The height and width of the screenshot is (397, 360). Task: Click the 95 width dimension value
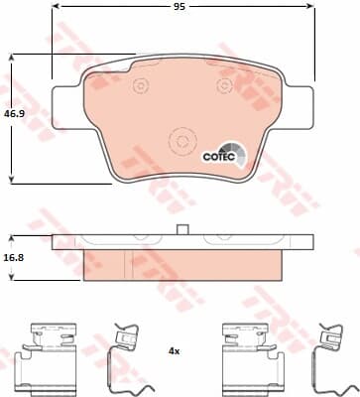point(180,6)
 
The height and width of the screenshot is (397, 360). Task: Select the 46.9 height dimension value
point(14,114)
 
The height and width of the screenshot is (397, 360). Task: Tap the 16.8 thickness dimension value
point(14,257)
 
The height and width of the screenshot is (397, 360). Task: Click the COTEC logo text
point(219,156)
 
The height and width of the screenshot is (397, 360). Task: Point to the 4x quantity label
point(174,351)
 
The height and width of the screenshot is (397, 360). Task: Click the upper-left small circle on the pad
point(140,85)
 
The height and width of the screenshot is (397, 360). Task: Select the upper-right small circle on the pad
point(225,84)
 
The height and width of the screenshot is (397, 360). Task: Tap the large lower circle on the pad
point(182,141)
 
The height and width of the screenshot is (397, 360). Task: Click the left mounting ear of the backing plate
point(66,107)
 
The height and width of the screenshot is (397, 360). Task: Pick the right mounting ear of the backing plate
point(299,107)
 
